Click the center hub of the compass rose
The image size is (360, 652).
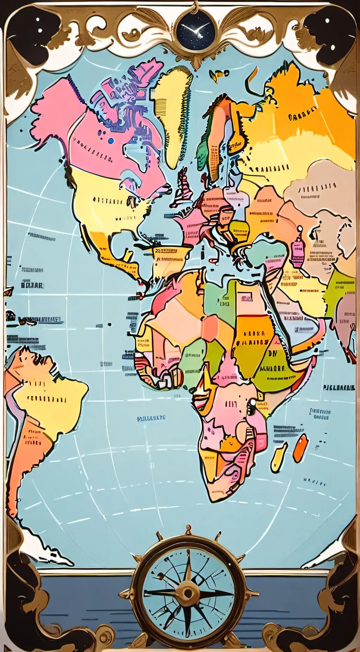point(188,593)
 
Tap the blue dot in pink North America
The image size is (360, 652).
point(111,141)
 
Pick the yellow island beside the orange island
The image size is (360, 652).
point(278,457)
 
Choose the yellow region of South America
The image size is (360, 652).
point(49,400)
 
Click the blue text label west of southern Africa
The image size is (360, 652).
point(151,418)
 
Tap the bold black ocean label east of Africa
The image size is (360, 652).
point(339,388)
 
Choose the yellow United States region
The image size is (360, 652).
point(105,204)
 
